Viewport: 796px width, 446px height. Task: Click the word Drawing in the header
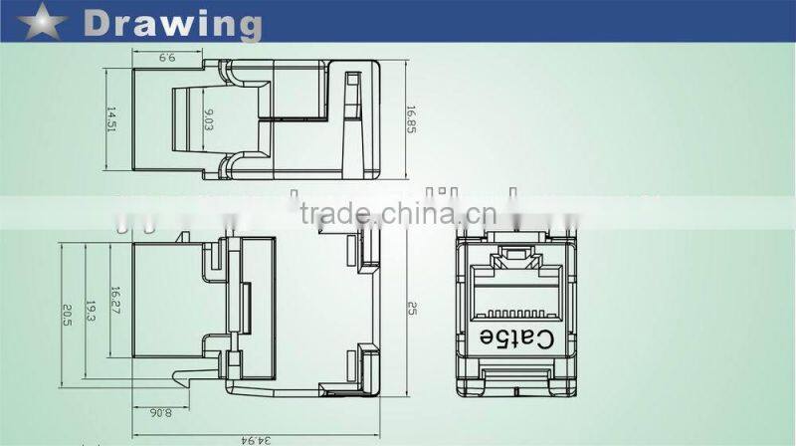(x=173, y=23)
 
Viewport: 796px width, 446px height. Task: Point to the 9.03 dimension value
(x=208, y=120)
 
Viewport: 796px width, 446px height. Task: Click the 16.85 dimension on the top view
(x=409, y=120)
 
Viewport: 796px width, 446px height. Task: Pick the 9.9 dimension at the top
(x=166, y=59)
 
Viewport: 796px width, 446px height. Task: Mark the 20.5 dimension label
(x=67, y=314)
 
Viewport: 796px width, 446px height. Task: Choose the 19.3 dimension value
(x=90, y=313)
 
